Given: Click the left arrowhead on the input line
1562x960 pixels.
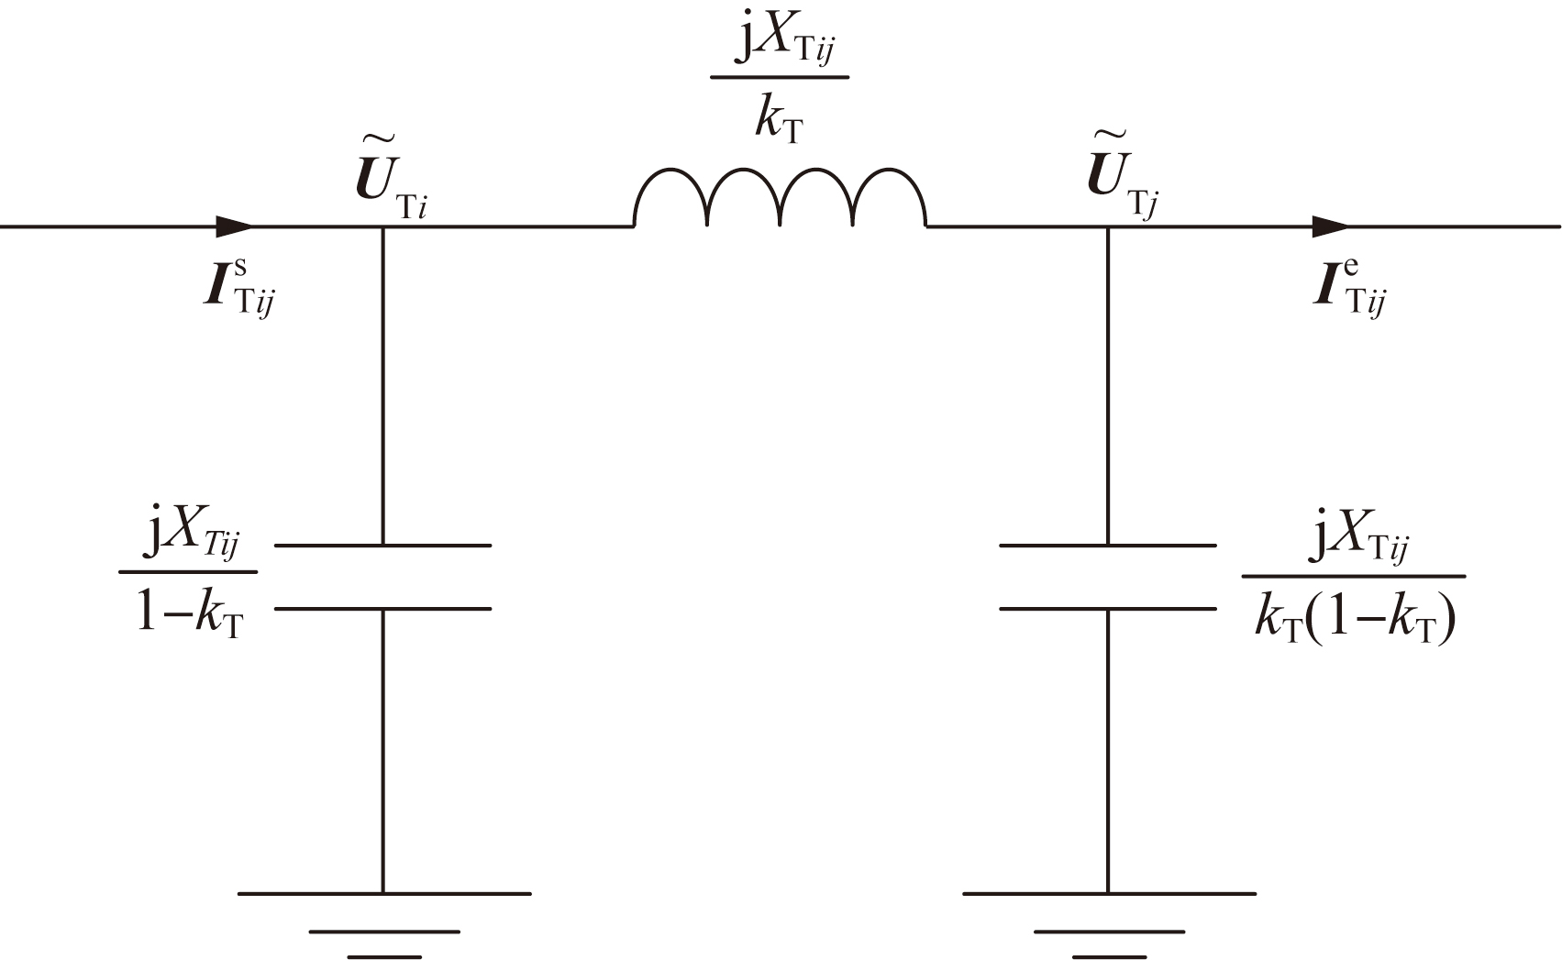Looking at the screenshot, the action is click(235, 226).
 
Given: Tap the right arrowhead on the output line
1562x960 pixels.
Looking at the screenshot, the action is click(1331, 226).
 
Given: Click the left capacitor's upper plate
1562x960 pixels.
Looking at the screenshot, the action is click(382, 546).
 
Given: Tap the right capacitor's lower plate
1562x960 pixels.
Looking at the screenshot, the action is click(1108, 609).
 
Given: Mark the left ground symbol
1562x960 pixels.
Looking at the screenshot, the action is click(384, 924).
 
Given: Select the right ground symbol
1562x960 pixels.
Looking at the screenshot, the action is click(1110, 924).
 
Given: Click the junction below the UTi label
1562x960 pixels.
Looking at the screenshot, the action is click(382, 226).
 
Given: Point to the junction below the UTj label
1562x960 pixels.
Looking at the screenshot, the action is click(1108, 226).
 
